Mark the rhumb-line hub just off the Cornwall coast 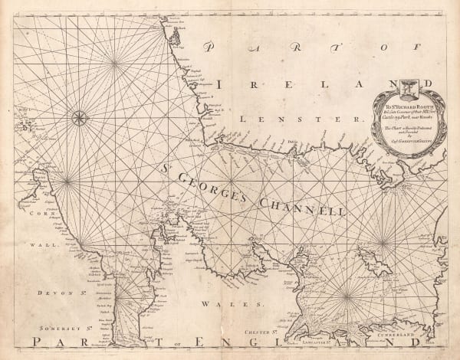[67, 181]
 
